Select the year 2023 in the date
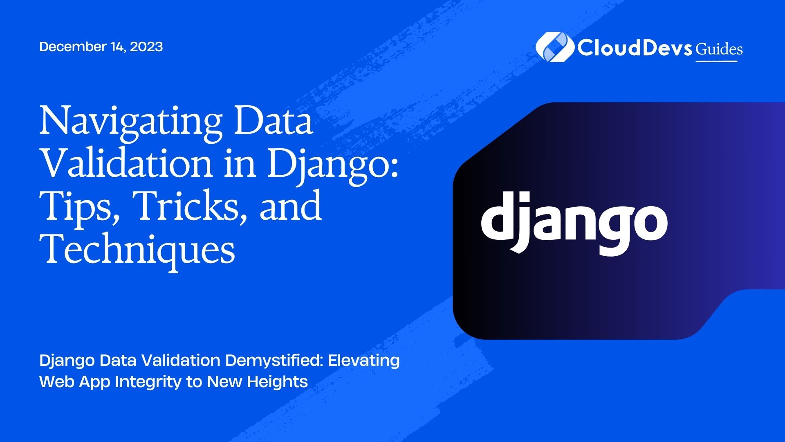click(x=146, y=47)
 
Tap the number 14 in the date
click(x=118, y=47)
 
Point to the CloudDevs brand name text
click(x=635, y=47)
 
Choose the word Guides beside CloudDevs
click(x=719, y=49)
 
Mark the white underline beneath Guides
click(x=716, y=61)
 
